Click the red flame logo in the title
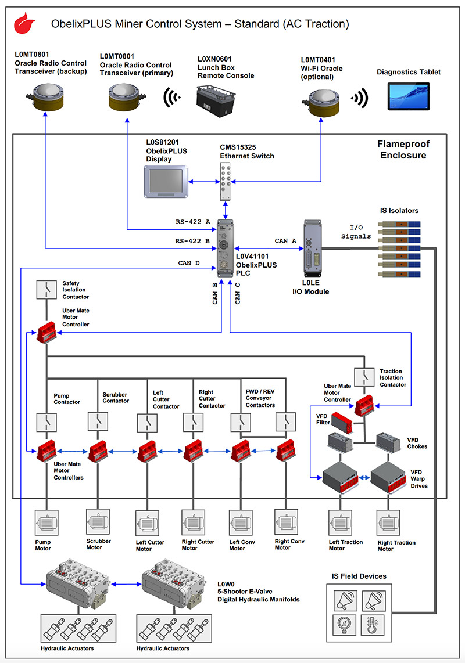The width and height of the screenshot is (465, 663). click(24, 24)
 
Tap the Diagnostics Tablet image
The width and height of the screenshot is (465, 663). click(408, 96)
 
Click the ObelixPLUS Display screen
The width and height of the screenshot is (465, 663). click(165, 181)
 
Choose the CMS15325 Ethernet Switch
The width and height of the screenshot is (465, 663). click(227, 181)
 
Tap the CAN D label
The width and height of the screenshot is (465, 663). click(189, 263)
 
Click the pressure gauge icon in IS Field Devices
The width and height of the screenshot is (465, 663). click(344, 624)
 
